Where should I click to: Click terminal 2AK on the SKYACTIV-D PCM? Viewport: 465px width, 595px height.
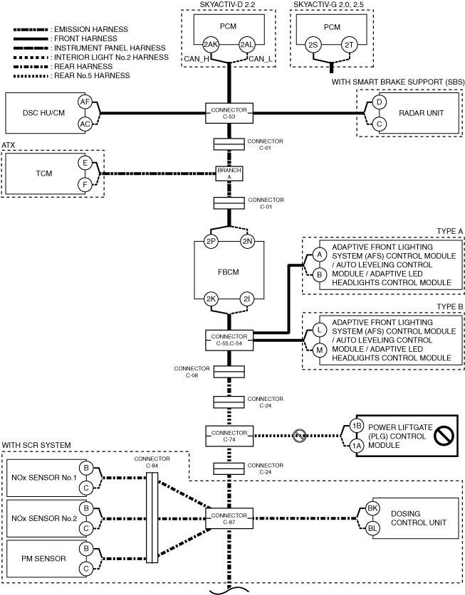click(210, 44)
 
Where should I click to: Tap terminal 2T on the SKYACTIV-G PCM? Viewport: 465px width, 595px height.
click(349, 45)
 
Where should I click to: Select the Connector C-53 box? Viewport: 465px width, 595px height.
click(229, 113)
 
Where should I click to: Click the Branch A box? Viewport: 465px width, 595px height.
click(229, 173)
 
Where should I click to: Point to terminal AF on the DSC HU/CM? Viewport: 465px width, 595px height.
click(85, 102)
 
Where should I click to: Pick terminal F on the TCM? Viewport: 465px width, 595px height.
click(85, 185)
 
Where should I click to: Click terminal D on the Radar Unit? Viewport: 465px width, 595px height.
click(379, 102)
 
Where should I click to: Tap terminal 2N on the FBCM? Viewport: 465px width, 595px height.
click(247, 241)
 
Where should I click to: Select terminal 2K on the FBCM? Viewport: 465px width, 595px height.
click(211, 299)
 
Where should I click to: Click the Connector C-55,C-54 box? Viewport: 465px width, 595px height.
click(229, 340)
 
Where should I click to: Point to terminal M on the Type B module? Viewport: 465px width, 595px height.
click(320, 350)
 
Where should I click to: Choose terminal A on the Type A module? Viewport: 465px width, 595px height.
click(320, 254)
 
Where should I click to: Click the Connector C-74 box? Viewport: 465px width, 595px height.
click(229, 436)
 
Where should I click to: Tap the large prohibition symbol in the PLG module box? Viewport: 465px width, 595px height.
click(444, 435)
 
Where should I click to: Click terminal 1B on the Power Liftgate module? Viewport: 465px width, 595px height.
click(357, 426)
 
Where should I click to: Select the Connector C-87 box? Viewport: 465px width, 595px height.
click(229, 519)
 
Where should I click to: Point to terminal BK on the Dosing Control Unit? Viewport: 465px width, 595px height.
click(372, 508)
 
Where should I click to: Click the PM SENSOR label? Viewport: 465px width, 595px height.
click(43, 559)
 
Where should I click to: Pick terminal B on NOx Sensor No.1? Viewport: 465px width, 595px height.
click(86, 468)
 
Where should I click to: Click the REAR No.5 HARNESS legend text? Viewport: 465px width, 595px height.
click(92, 75)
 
